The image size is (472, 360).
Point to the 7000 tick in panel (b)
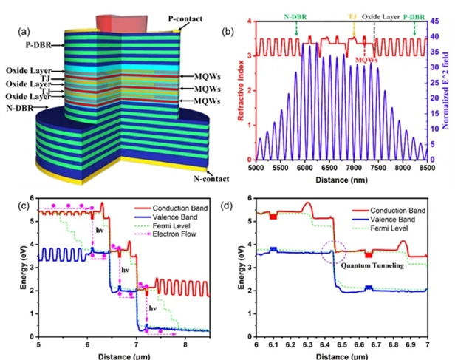355,169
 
